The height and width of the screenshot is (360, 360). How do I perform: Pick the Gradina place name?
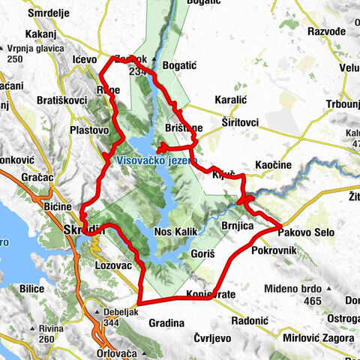coord(166,323)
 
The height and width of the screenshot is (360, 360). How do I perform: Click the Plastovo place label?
coord(90,130)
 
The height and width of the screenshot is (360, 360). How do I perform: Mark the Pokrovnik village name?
coord(274,250)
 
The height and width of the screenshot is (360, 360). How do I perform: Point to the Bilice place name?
coord(34,287)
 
